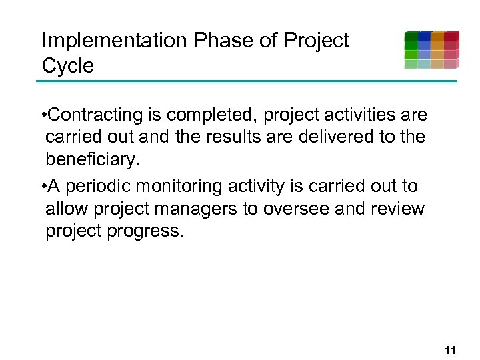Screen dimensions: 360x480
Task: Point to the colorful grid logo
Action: click(431, 50)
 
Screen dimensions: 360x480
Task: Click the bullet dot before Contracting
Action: click(43, 116)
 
